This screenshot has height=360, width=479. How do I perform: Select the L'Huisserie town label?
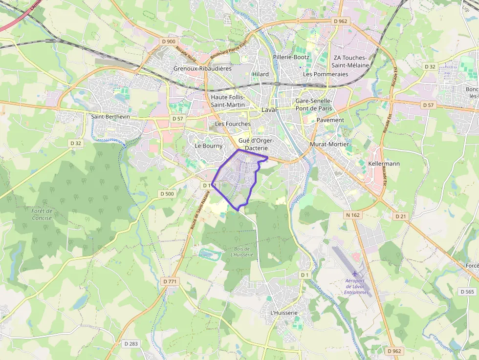pos(283,313)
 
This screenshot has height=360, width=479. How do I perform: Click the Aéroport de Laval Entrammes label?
pos(355,286)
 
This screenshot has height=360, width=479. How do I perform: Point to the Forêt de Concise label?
pos(42,214)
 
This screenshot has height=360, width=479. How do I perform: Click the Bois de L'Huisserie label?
pos(242,252)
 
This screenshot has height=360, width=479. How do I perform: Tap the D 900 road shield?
pos(168,42)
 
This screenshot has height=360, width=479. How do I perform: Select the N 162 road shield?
pos(353,215)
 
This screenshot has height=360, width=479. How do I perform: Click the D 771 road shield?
pos(170,282)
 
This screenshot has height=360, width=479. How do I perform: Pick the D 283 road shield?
pos(131,344)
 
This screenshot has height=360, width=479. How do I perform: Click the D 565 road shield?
pos(467,292)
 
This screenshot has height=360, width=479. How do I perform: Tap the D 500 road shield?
pos(167,194)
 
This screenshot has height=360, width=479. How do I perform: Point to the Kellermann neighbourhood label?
pos(384,164)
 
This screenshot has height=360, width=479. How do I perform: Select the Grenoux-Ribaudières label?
pos(202,69)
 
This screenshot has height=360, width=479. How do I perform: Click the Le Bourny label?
pos(208,146)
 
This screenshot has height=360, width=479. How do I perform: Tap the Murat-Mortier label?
pos(329,145)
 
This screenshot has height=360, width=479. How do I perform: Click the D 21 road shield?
pos(401,216)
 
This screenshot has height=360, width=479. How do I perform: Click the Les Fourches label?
pos(233,124)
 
